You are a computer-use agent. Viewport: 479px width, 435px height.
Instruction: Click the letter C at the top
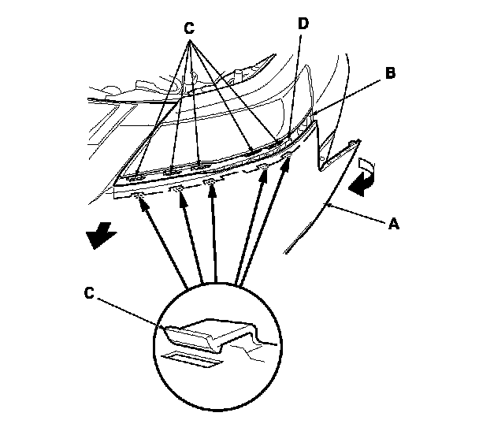[x=188, y=25]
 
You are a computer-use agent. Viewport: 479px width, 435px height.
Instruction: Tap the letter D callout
[x=303, y=24]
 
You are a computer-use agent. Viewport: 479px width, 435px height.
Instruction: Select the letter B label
[x=389, y=73]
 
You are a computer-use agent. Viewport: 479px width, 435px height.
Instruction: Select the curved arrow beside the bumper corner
[x=362, y=178]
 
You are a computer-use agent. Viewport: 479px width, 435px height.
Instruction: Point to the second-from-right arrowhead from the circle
[x=264, y=173]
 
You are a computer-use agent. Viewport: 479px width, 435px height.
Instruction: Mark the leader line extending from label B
[x=351, y=95]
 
